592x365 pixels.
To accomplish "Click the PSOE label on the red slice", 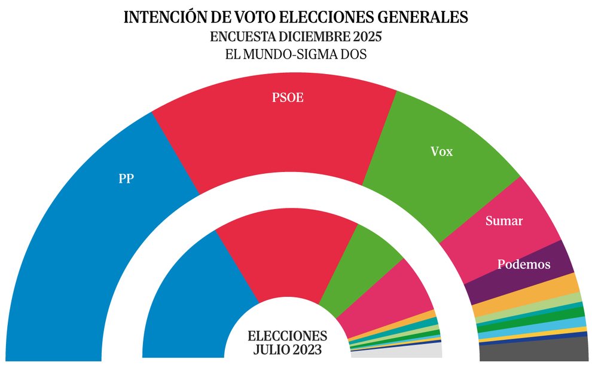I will [288, 97].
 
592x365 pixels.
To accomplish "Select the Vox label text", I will [442, 152].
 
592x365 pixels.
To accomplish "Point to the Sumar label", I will [503, 221].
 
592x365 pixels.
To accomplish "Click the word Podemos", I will [524, 264].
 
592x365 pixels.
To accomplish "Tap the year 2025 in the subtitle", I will [362, 36].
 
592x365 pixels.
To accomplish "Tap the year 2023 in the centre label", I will [308, 349].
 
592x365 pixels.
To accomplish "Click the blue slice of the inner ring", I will [191, 293].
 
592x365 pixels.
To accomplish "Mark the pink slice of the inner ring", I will [398, 293].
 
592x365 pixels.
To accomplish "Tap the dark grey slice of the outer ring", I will [535, 351].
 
